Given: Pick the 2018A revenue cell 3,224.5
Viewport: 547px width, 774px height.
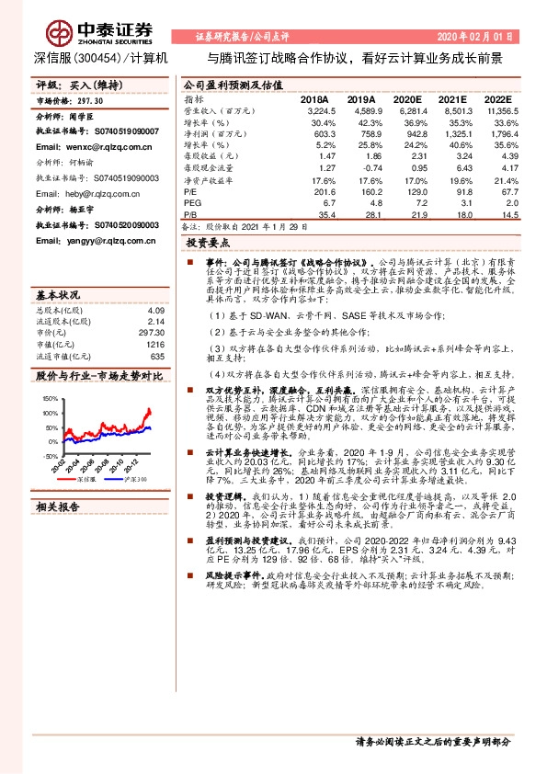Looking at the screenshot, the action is (x=315, y=110).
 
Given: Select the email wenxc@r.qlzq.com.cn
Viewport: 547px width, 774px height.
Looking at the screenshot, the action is (x=94, y=146).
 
